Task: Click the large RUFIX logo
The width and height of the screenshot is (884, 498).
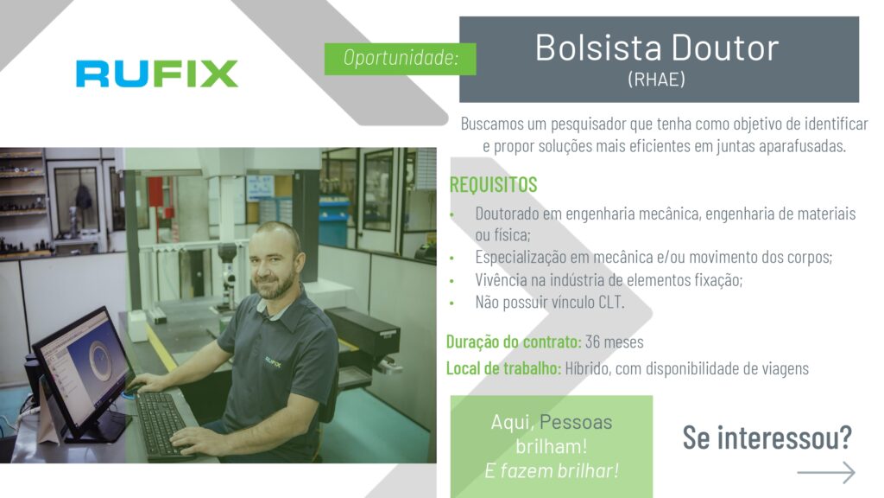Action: [157, 73]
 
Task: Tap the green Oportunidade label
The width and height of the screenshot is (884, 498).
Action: [401, 59]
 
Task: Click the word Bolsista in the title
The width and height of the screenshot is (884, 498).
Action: [598, 48]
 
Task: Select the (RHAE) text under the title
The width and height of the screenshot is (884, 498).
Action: [657, 79]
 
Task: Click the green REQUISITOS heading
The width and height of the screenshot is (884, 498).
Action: [493, 185]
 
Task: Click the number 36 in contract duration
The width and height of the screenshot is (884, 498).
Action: [592, 342]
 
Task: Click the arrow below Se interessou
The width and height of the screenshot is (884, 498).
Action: [826, 473]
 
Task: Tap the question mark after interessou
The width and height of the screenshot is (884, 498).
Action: [845, 437]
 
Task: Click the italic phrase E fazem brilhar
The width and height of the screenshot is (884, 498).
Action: [552, 471]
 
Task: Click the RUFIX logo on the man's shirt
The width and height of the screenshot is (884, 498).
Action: [274, 362]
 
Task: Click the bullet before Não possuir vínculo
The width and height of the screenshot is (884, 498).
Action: [451, 303]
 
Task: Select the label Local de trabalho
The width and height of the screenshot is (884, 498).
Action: [503, 368]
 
